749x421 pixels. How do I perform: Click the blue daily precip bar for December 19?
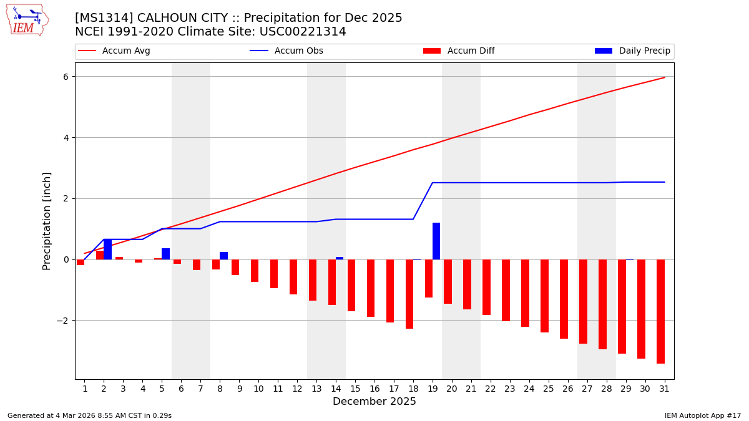(x=436, y=241)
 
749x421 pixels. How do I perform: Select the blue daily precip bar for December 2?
(x=107, y=249)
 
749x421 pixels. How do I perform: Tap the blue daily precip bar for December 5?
(x=165, y=254)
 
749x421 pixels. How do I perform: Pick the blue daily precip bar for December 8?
(x=223, y=256)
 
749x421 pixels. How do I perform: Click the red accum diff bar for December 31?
(x=660, y=311)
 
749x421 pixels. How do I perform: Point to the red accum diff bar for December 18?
(x=409, y=294)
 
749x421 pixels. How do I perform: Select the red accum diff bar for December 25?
(x=545, y=296)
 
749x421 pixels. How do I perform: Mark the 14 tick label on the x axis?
(x=336, y=389)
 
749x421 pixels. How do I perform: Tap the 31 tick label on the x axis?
(x=665, y=389)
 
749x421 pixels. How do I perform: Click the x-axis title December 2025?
(x=374, y=402)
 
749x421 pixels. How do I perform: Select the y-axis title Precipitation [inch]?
(x=47, y=221)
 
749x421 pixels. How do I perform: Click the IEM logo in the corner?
(x=27, y=20)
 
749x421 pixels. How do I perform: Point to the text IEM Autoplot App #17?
(x=702, y=415)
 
